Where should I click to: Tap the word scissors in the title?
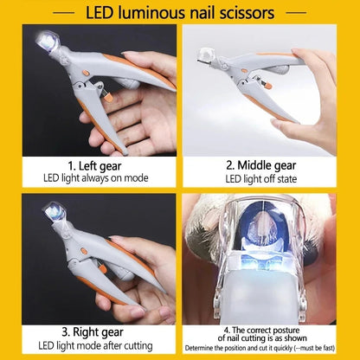[245, 13]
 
